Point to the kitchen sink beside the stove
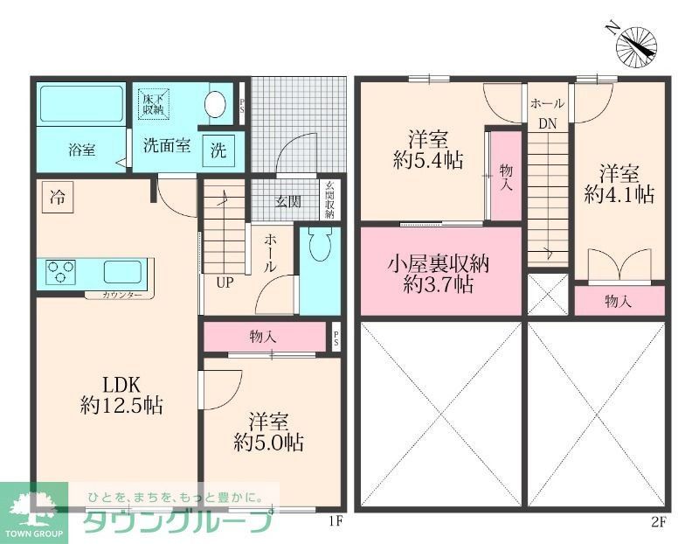point(121,272)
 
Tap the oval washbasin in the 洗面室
point(215,104)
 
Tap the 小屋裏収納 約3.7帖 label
point(439,273)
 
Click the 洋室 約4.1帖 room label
point(619,183)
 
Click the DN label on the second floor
point(547,124)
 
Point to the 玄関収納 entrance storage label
point(329,200)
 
